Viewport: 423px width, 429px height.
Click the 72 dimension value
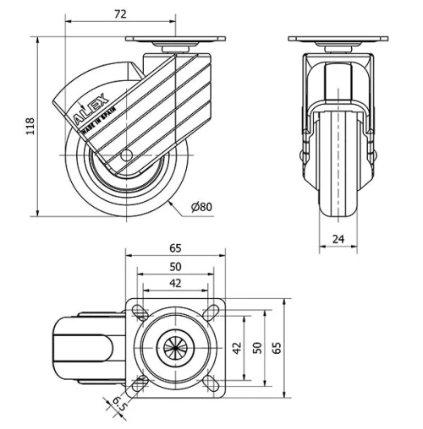point(120,14)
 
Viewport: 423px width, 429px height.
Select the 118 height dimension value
point(30,127)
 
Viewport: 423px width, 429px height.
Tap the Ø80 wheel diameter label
point(201,207)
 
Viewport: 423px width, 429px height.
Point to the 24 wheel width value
point(338,239)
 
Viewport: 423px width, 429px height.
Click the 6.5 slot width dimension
point(119,405)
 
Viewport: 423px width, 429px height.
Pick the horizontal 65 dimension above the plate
point(175,248)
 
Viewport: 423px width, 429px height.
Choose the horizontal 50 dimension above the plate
point(175,267)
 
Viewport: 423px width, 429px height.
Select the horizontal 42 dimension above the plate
point(175,283)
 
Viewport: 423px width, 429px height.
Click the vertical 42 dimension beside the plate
point(238,348)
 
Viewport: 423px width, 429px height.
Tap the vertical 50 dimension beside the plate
point(257,348)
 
